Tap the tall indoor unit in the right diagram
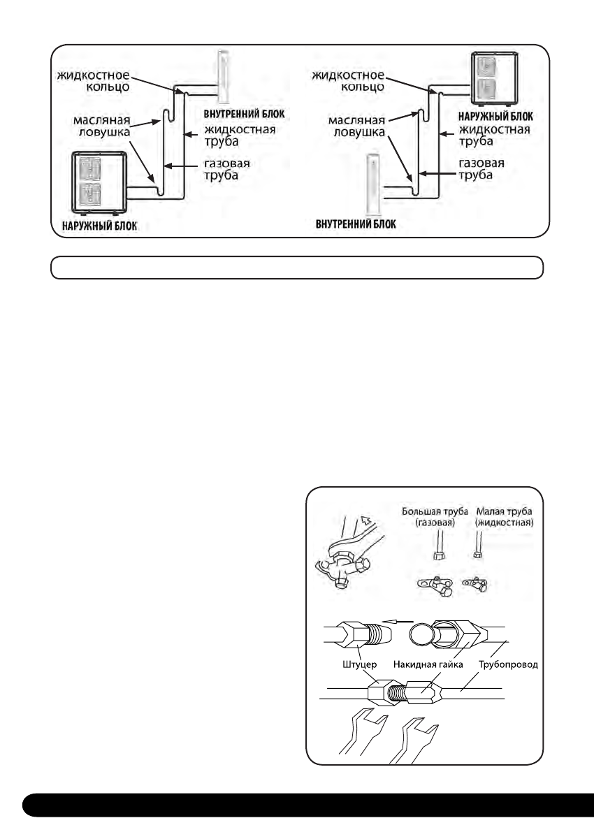pos(375,187)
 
